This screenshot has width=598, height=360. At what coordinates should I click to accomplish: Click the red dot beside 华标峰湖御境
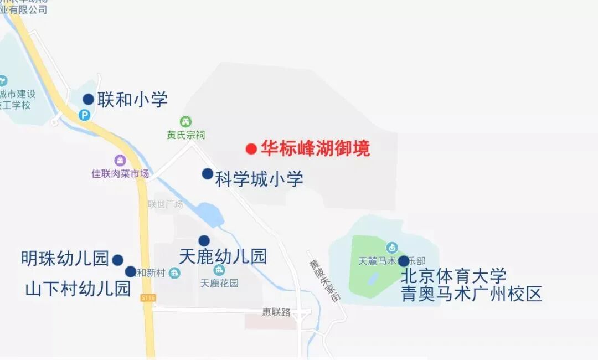tap(251, 148)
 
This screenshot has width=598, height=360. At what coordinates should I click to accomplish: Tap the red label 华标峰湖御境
tap(315, 148)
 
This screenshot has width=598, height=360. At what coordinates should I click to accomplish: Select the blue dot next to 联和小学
tap(88, 99)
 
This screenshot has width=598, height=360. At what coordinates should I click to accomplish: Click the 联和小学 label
tap(132, 100)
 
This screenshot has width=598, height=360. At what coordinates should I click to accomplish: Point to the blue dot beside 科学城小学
tap(207, 174)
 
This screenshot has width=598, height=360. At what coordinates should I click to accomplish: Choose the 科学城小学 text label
tap(259, 179)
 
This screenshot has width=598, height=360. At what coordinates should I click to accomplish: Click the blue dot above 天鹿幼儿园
tap(204, 240)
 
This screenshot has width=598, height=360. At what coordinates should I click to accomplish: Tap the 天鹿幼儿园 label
tap(223, 256)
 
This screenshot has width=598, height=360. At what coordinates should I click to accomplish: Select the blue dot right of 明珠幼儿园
tap(117, 260)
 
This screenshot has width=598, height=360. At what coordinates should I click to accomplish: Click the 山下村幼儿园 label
tap(78, 289)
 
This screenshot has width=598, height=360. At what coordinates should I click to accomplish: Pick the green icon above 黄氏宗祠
tap(186, 121)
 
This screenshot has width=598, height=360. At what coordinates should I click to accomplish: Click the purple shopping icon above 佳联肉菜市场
tap(120, 161)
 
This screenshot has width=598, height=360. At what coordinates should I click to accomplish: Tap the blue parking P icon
tap(84, 115)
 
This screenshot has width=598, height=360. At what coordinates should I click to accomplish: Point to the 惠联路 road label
tap(276, 312)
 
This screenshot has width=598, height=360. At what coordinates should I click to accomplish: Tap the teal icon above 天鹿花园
tap(219, 270)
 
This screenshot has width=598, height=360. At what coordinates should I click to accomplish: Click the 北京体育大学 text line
tap(453, 275)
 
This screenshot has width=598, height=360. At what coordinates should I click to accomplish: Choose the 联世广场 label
tap(165, 204)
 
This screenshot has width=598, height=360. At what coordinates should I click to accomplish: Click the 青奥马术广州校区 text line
tap(471, 294)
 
